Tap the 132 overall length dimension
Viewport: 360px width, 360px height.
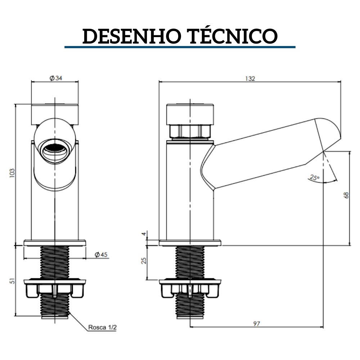click(250, 78)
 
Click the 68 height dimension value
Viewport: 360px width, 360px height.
click(346, 195)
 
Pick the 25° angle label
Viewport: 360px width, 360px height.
click(314, 177)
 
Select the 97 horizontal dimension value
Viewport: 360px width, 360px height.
click(256, 324)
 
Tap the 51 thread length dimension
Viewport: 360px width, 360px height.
click(12, 281)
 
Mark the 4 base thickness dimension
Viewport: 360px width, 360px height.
click(144, 234)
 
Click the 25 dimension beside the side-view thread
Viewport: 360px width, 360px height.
click(144, 261)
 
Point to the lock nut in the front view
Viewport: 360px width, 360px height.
click(54, 288)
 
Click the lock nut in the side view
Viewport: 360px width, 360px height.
click(190, 288)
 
